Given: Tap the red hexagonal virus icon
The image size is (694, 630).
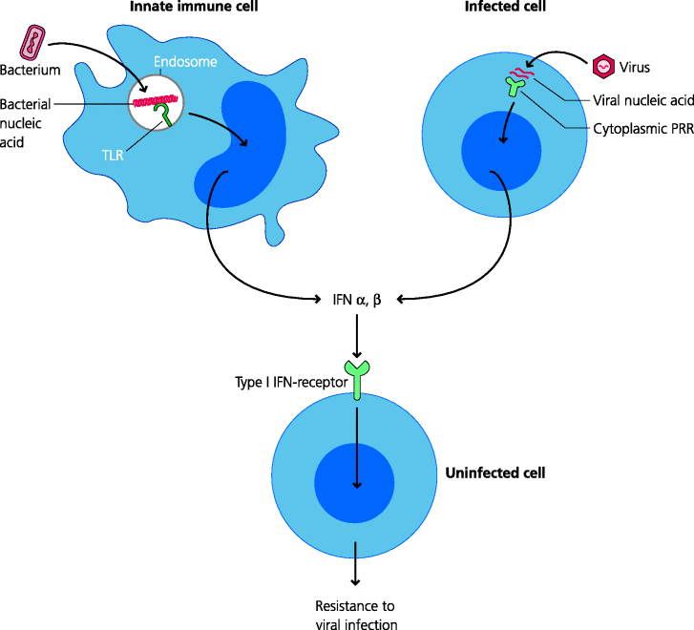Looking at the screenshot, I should pos(603,67).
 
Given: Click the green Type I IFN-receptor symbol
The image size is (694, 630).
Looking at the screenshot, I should pos(356,377).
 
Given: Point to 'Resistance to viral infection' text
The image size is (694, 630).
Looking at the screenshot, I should pos(355,616).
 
